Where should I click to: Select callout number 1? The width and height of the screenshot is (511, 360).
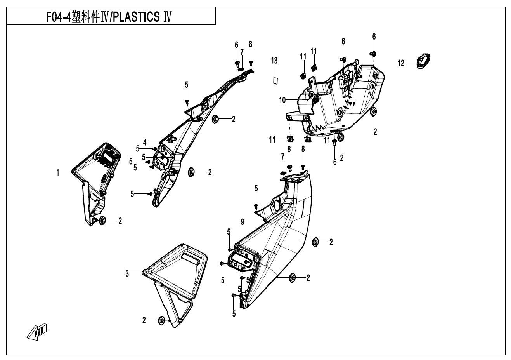coord(58,172)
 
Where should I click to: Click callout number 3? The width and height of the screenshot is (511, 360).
coord(127,274)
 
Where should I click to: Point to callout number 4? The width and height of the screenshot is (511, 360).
coord(144,141)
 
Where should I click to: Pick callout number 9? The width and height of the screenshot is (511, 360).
coord(243,222)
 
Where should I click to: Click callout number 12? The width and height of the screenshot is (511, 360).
coord(401,63)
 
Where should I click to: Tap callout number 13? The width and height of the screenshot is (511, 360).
coord(274,60)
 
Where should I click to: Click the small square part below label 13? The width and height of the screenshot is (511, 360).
coord(275,80)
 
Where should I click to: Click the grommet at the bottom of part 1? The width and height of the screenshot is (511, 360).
coord(102,221)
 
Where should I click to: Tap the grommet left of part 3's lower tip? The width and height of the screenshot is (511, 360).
coord(161,320)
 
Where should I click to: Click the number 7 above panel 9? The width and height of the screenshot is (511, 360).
coord(283,156)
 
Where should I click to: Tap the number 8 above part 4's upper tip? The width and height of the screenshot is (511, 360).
coord(251,44)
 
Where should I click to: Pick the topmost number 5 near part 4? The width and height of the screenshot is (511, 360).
coord(186,85)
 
